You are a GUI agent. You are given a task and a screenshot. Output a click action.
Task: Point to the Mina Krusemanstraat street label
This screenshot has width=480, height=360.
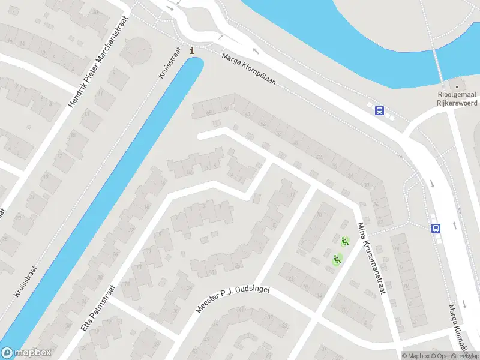[x=370, y=258]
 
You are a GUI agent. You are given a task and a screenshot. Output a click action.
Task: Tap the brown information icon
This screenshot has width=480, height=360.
[x=192, y=51]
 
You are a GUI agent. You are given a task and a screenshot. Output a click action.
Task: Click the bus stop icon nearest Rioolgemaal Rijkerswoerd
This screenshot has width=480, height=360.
[x=379, y=110]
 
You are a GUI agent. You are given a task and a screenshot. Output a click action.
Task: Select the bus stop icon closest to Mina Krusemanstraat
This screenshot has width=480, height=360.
[x=436, y=227]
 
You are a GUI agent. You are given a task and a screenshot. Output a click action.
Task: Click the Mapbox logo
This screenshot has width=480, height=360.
[x=26, y=353]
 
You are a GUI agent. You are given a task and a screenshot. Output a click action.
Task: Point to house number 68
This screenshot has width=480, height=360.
[x=209, y=112]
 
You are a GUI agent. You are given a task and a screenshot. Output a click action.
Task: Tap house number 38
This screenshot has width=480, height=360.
[x=334, y=167]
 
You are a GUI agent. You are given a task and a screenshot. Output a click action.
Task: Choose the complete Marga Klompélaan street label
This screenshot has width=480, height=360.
[x=248, y=68]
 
